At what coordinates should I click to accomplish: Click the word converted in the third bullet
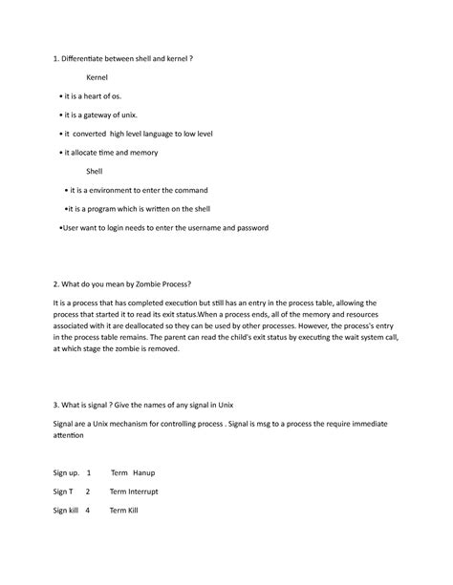pos(90,134)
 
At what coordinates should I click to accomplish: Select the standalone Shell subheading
pos(95,172)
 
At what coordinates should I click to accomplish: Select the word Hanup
pos(144,472)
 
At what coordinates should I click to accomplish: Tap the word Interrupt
pos(141,491)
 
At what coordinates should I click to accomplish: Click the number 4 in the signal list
pos(88,511)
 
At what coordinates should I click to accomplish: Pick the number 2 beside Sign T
pos(88,491)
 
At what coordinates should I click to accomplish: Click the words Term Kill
pos(124,511)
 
